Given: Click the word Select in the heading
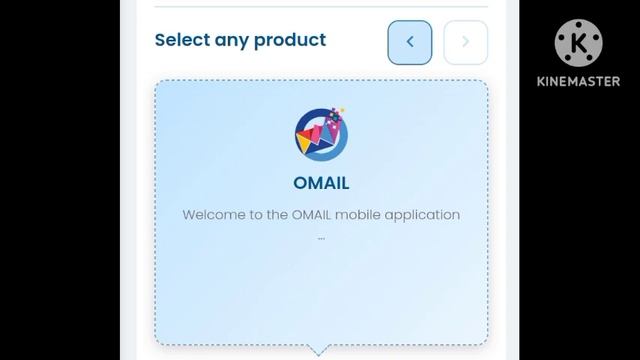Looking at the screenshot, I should (181, 40).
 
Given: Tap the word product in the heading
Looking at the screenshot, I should (289, 40).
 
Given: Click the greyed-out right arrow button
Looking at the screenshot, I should (465, 42).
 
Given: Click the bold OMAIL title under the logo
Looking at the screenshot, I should (321, 183).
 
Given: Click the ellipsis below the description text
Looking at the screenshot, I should (321, 238).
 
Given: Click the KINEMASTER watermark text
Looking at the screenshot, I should (579, 82).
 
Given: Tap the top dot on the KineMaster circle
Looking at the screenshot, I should (580, 23).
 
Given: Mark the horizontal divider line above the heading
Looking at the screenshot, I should (321, 7).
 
